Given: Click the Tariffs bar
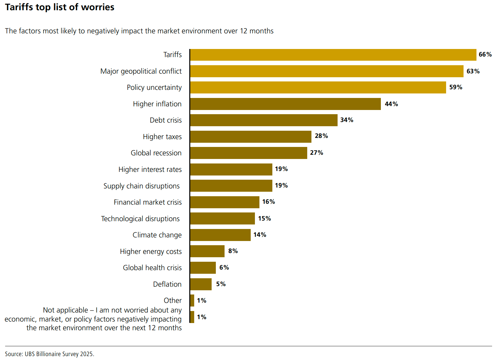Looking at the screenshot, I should (333, 55).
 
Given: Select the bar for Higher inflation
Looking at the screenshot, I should (285, 104).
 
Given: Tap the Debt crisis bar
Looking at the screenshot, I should (264, 120).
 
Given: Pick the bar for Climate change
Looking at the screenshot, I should (220, 235).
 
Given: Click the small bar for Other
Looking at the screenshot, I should (192, 301).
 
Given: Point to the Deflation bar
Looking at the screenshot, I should (201, 284).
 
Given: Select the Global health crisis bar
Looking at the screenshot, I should (203, 268).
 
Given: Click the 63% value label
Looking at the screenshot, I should (473, 71).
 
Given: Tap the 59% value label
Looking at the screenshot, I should (456, 87).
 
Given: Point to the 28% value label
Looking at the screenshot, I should (321, 136).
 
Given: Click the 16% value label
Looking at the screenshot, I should (268, 202).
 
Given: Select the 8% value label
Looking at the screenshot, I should (233, 251).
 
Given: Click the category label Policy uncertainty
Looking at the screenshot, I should (154, 87).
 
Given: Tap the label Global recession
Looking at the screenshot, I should (156, 153).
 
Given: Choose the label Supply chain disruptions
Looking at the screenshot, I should (142, 186).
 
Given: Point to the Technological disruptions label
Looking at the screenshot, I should (140, 219).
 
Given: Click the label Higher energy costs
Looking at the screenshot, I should (151, 252).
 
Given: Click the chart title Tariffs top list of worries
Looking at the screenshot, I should (60, 7).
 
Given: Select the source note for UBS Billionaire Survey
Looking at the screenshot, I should (50, 354).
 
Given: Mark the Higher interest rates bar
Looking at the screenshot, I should (231, 169).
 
